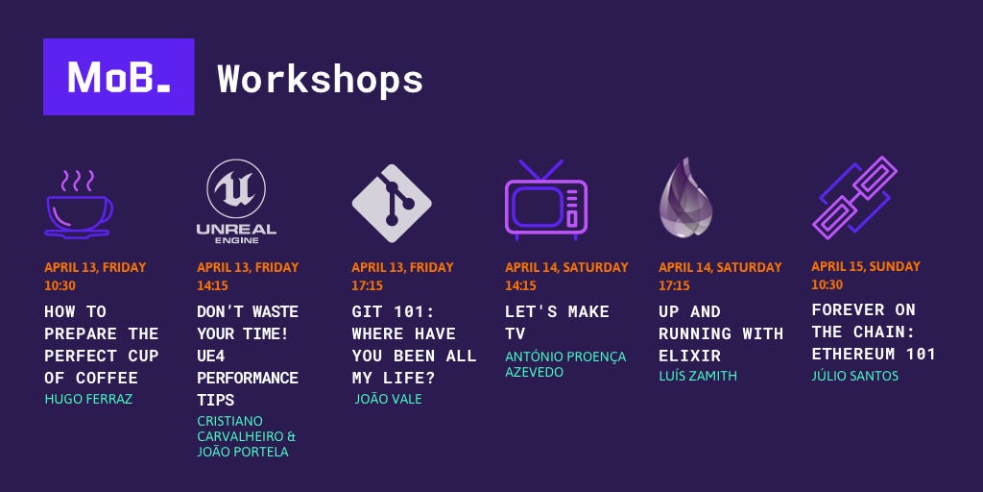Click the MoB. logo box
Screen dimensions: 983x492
[118, 77]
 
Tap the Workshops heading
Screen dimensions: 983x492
[321, 79]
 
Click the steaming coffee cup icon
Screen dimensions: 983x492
[79, 204]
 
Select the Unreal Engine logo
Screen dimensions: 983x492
[236, 202]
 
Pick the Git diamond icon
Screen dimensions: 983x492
[392, 204]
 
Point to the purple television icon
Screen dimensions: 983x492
[545, 200]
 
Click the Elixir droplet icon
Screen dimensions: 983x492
[685, 198]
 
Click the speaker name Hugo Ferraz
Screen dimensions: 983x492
[88, 399]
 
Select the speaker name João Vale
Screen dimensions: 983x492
[388, 399]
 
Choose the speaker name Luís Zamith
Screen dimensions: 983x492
[698, 376]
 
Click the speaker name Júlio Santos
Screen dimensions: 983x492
[855, 376]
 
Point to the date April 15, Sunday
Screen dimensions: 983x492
[866, 266]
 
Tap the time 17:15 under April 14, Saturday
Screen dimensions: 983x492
[674, 286]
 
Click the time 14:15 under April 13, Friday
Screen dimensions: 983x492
[212, 286]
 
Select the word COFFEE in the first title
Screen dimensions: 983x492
[107, 378]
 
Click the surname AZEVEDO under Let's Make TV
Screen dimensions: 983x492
[534, 372]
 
